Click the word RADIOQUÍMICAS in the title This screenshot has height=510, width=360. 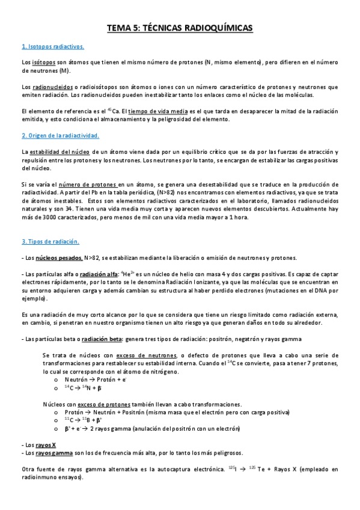pyautogui.click(x=215, y=28)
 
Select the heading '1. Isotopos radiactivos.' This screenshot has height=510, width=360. pyautogui.click(x=53, y=47)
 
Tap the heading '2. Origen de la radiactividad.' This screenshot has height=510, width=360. pyautogui.click(x=60, y=136)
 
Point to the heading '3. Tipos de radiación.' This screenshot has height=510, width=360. pyautogui.click(x=50, y=242)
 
